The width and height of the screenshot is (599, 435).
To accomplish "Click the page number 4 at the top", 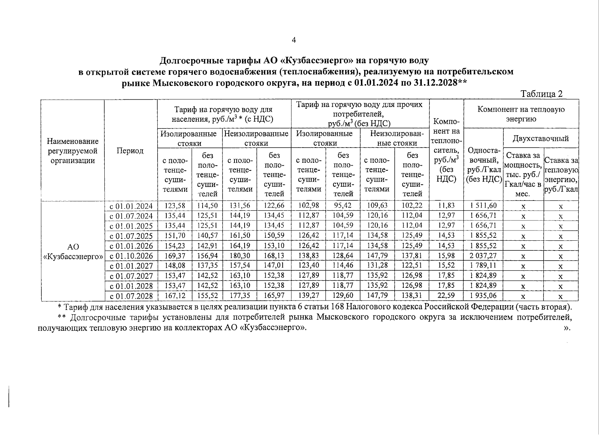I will (x=294, y=41).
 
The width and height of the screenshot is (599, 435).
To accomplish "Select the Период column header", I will (x=130, y=151).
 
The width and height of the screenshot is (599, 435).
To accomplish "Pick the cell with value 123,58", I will (x=175, y=206).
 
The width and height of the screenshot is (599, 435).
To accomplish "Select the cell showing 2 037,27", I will (x=483, y=256).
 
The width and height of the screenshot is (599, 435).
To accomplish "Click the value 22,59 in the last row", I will (x=446, y=296).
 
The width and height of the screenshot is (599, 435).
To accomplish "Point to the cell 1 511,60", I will (x=483, y=206).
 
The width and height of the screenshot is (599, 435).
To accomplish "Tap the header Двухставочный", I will (x=540, y=138).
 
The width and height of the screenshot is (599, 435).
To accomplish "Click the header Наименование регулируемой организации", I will (x=72, y=151).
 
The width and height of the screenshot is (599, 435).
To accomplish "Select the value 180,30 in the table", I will (x=240, y=256).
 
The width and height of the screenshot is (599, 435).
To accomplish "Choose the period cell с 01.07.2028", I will (x=131, y=296).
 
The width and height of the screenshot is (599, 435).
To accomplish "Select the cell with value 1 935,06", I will (x=483, y=296).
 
